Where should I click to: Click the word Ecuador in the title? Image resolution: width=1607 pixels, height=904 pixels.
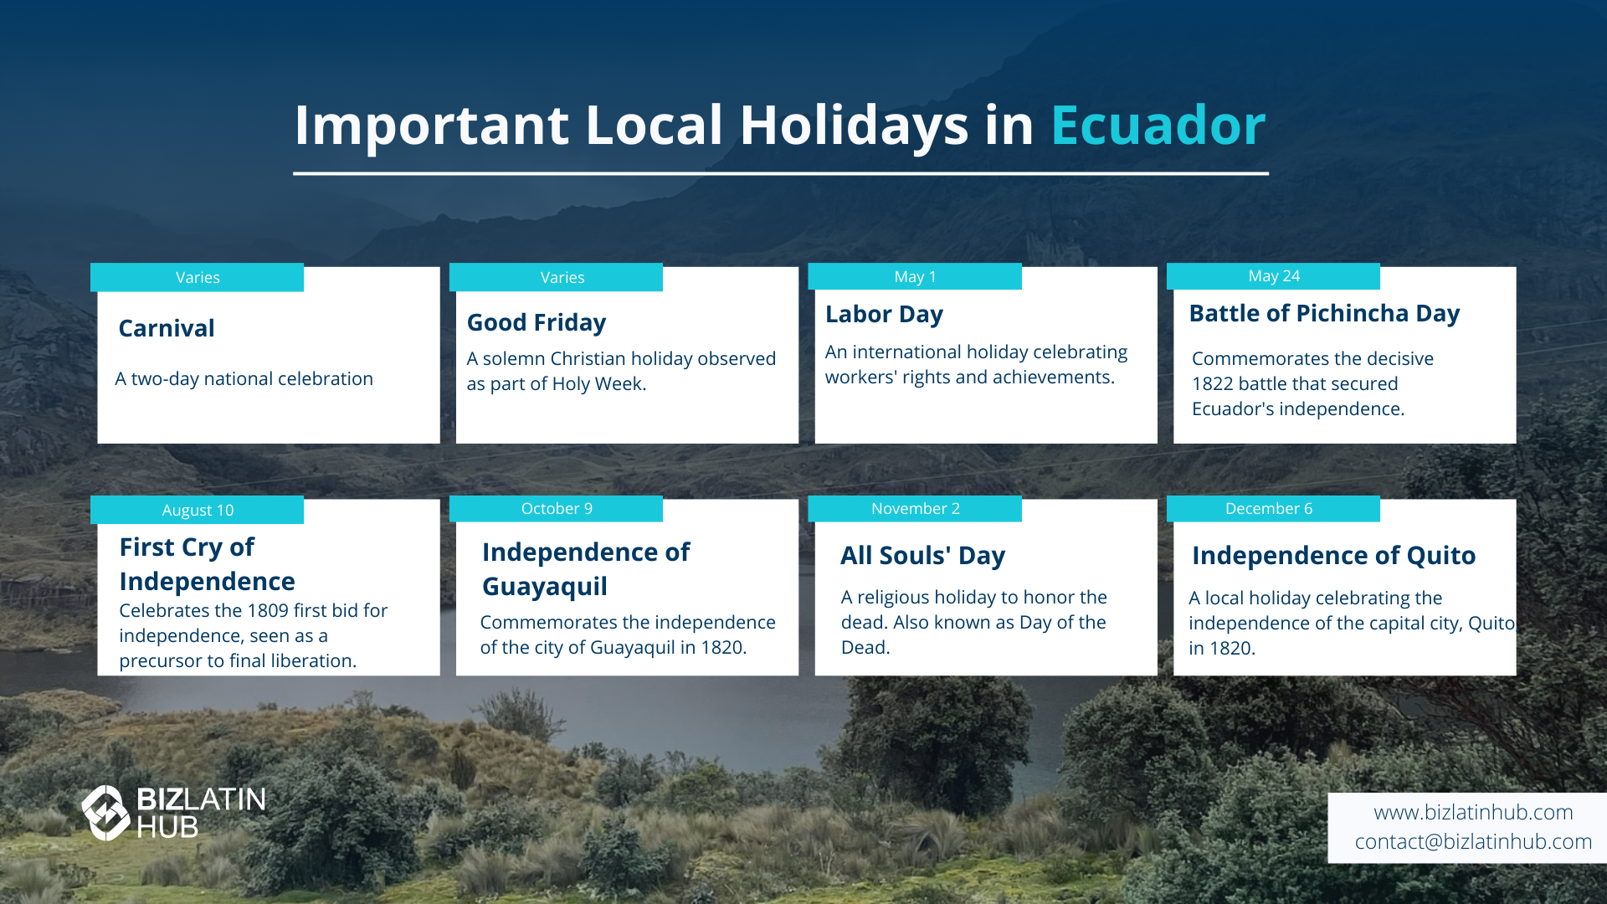(1158, 126)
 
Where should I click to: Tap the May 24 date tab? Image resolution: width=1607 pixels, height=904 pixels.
(1273, 276)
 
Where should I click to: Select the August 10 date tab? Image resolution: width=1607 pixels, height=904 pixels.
(197, 510)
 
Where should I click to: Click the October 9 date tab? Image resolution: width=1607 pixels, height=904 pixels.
(556, 509)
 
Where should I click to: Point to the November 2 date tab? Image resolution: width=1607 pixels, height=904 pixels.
(915, 509)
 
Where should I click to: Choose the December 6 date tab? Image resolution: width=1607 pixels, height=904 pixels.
(1273, 509)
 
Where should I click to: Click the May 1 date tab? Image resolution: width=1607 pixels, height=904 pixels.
(915, 276)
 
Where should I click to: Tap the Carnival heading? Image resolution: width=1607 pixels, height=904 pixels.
(167, 328)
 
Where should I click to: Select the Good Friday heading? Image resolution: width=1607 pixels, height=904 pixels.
(537, 323)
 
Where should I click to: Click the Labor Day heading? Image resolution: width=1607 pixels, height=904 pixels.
(884, 315)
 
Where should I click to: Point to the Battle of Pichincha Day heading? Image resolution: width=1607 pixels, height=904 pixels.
(1324, 314)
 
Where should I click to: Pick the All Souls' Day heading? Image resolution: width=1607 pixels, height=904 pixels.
(922, 556)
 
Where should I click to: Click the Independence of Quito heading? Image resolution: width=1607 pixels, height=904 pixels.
(1333, 556)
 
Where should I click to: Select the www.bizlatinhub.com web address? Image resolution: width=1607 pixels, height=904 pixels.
(1473, 813)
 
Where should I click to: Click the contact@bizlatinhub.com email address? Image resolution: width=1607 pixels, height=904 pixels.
(1473, 842)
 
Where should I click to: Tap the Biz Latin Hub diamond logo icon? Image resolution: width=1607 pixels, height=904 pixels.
(105, 813)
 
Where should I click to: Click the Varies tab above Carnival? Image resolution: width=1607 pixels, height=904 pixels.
(197, 278)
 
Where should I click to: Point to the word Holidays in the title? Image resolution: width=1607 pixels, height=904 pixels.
(854, 126)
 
